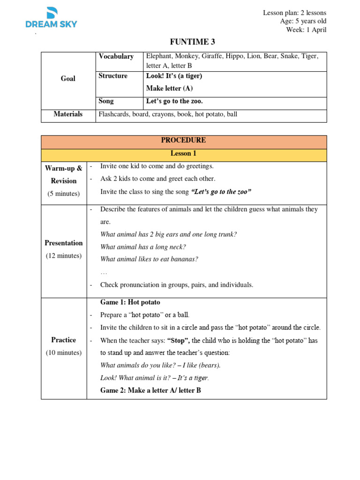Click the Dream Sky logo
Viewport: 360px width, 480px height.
(x=51, y=19)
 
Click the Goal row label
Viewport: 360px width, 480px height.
(x=68, y=78)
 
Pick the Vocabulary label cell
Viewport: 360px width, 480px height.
(x=116, y=56)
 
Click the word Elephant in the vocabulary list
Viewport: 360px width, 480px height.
(x=159, y=56)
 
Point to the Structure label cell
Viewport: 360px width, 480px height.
(x=113, y=76)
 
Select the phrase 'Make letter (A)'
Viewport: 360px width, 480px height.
(x=169, y=88)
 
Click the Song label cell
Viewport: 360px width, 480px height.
(x=106, y=101)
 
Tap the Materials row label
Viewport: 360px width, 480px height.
(x=68, y=114)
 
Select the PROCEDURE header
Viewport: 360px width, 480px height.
(x=183, y=141)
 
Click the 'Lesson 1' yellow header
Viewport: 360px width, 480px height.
(x=183, y=153)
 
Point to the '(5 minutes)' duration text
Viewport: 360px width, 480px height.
(x=63, y=194)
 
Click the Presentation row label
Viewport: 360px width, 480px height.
(x=63, y=243)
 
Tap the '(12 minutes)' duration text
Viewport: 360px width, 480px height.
(x=63, y=256)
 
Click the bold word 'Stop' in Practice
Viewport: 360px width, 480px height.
(x=177, y=340)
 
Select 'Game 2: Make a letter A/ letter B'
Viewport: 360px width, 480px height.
(x=150, y=390)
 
